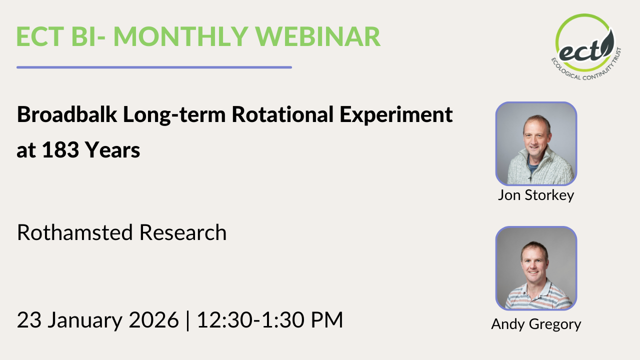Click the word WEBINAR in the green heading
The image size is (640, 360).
point(317,36)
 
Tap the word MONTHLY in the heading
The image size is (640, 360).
point(180,36)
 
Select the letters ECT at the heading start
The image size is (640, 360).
point(40,36)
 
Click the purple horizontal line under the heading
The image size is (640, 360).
point(154,67)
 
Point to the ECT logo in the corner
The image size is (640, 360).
point(585,46)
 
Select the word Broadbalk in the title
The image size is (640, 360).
point(67,114)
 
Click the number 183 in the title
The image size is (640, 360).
point(60,149)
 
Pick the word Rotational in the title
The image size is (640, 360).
point(282,114)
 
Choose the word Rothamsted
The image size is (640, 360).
point(75,232)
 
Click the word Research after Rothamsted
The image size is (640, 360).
point(183,232)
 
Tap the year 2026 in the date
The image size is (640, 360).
point(153,319)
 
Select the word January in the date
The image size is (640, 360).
point(85,320)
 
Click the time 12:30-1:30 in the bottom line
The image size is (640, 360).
point(250,319)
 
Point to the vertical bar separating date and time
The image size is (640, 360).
point(187,320)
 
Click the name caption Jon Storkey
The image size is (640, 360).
point(536,195)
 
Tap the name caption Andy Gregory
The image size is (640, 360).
point(536,324)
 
